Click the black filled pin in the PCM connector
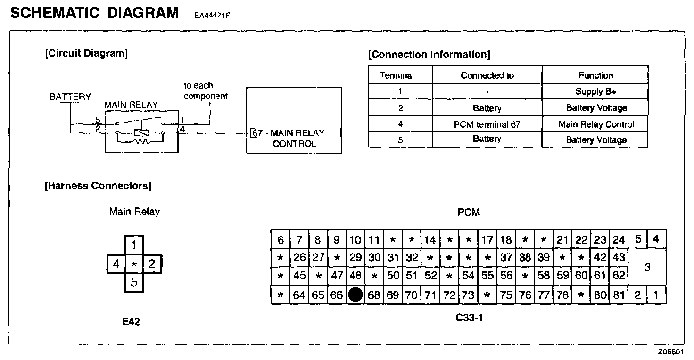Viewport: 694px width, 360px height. (x=355, y=295)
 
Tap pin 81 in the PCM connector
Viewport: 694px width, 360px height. (x=619, y=295)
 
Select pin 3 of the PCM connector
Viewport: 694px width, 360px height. (x=647, y=267)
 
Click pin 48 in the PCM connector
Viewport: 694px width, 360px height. (x=355, y=276)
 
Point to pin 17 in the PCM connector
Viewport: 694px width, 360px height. (x=487, y=240)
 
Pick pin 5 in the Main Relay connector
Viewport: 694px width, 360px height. (x=134, y=283)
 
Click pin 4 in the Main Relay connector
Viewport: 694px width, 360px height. (x=116, y=264)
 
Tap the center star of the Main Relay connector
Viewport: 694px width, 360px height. (x=134, y=264)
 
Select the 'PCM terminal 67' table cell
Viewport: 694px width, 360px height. (x=487, y=124)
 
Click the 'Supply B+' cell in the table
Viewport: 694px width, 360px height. (x=595, y=91)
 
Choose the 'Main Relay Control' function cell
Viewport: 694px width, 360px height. (x=596, y=124)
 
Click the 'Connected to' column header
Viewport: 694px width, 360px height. (x=487, y=75)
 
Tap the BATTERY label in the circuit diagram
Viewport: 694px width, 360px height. (x=70, y=97)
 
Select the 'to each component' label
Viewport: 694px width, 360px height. (x=205, y=91)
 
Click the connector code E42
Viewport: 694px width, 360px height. (x=131, y=322)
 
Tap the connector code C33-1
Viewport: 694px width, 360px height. (x=469, y=317)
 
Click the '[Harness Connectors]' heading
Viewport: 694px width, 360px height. (x=98, y=186)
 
